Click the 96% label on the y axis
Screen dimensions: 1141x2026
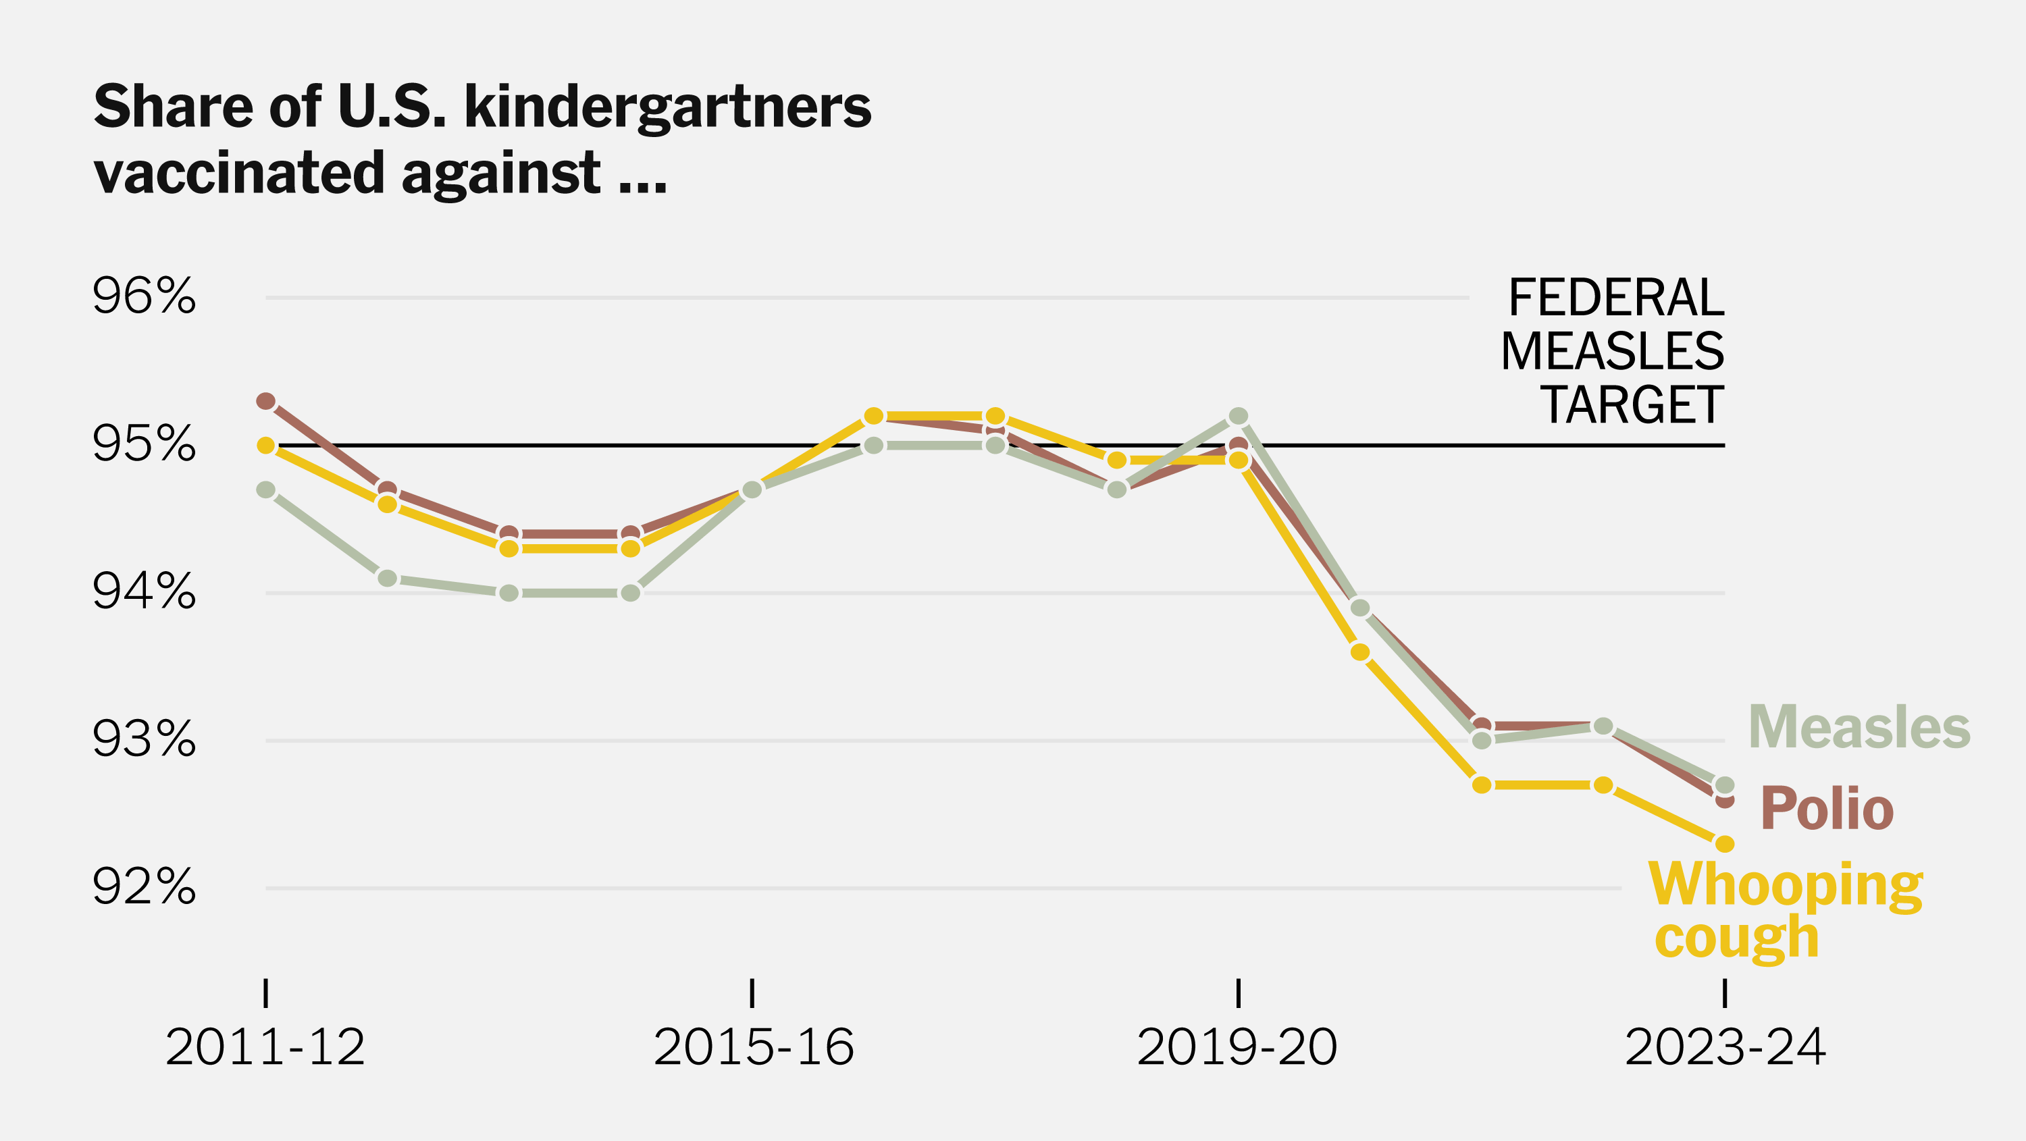click(144, 297)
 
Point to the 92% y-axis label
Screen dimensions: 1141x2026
click(144, 888)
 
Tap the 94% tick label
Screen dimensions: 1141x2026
click(144, 592)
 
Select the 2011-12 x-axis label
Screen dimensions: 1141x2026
click(266, 1049)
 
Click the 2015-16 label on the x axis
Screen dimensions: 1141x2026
click(753, 1049)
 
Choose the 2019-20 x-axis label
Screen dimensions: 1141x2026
click(1237, 1049)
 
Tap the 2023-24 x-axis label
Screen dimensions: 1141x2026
click(1725, 1049)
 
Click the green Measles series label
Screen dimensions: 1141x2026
click(1859, 727)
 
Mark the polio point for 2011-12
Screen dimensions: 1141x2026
click(266, 401)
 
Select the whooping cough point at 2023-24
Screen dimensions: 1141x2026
click(1725, 844)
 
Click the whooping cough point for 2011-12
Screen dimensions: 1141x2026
click(266, 445)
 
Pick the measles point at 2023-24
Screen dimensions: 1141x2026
click(1725, 785)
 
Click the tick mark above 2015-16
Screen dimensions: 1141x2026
click(753, 993)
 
